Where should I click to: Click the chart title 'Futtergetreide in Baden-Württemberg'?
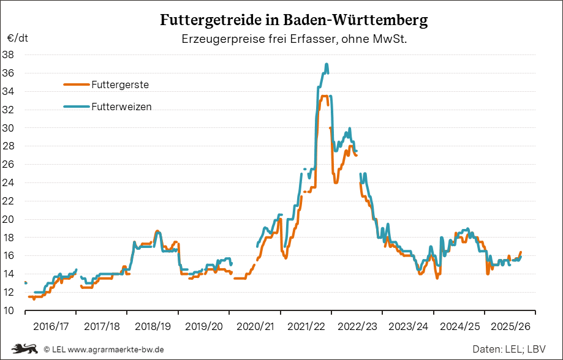pyautogui.click(x=294, y=20)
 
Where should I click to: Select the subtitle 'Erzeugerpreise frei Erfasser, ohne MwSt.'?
pyautogui.click(x=294, y=39)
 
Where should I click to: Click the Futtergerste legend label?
pyautogui.click(x=120, y=84)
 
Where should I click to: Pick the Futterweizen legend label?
pyautogui.click(x=121, y=107)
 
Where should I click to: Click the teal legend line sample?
pyautogui.click(x=77, y=107)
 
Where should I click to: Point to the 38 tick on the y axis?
pyautogui.click(x=9, y=54)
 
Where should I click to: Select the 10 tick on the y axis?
pyautogui.click(x=9, y=310)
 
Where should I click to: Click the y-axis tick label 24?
pyautogui.click(x=9, y=182)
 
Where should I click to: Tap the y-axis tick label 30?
pyautogui.click(x=9, y=128)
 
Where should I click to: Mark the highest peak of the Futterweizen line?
pyautogui.click(x=327, y=64)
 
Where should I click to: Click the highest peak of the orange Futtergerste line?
pyautogui.click(x=324, y=96)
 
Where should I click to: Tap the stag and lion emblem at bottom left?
pyautogui.click(x=25, y=349)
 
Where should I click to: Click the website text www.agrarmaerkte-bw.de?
pyautogui.click(x=116, y=350)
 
